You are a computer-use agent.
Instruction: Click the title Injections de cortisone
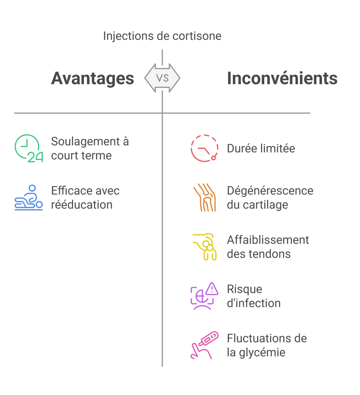(x=162, y=36)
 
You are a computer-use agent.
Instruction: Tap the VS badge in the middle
(x=162, y=78)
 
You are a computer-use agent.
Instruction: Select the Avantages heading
(x=92, y=78)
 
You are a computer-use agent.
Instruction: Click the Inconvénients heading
(x=282, y=78)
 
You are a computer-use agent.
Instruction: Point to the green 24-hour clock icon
(x=28, y=148)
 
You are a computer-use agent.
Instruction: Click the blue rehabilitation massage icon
(x=29, y=197)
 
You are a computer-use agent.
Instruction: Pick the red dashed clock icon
(x=204, y=148)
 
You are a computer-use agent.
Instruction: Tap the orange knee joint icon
(x=204, y=197)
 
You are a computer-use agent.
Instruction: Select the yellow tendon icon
(x=204, y=247)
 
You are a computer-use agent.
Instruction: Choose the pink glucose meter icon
(x=204, y=345)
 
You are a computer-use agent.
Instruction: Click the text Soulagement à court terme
(x=90, y=148)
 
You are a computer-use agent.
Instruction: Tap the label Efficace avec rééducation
(x=85, y=197)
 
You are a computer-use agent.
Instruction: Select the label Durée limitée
(x=261, y=148)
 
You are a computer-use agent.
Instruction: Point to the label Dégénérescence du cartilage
(x=270, y=197)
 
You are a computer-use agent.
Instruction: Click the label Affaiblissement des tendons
(x=268, y=247)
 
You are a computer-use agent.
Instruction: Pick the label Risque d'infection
(x=253, y=296)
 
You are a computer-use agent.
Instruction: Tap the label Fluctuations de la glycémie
(x=267, y=345)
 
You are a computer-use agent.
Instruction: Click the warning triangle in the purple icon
(x=212, y=289)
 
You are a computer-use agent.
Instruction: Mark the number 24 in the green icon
(x=35, y=158)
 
